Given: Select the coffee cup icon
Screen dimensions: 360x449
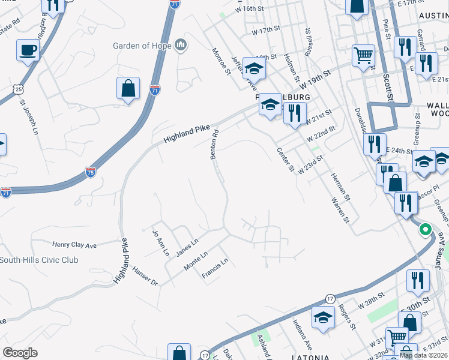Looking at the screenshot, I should (x=27, y=50).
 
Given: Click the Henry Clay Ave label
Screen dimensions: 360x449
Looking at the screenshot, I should (x=74, y=245).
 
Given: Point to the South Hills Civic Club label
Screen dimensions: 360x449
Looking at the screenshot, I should (x=39, y=260).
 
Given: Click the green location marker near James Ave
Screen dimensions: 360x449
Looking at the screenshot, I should (x=425, y=229).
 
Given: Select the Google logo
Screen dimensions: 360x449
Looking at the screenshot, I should (x=20, y=353).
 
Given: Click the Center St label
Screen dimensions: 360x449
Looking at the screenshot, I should (x=285, y=160).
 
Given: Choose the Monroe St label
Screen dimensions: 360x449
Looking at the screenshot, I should (x=221, y=63).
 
